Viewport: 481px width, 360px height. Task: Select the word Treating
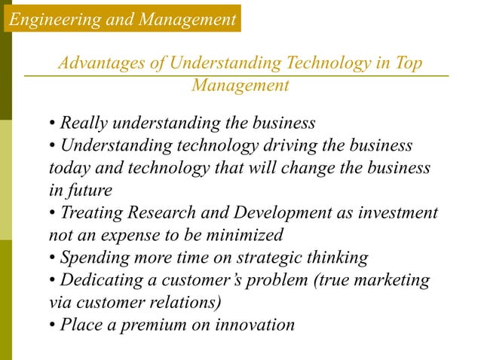coord(89,212)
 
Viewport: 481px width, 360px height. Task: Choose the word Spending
coord(92,258)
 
